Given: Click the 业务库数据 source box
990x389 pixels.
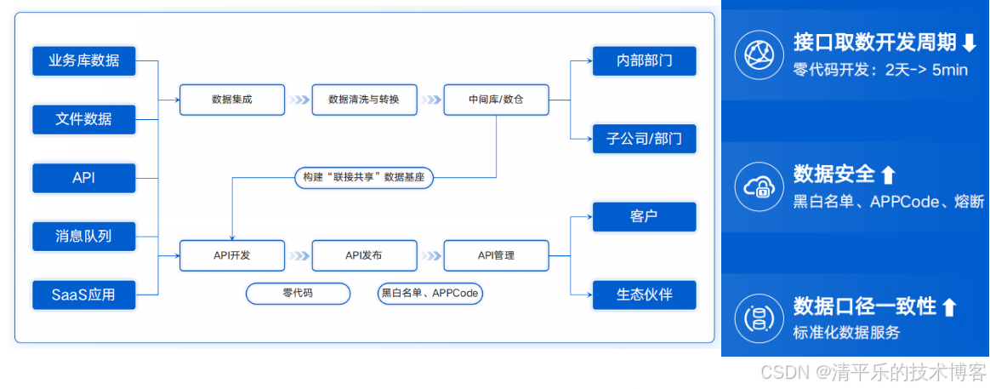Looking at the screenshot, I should tap(83, 60).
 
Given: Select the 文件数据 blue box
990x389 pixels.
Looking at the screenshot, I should tap(83, 118).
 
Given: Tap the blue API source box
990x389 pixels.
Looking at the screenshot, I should tap(83, 178).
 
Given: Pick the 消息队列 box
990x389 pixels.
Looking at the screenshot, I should tap(83, 236).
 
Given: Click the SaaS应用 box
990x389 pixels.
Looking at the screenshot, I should tap(83, 295).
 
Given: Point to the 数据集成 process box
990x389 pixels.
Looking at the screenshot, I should tap(231, 100).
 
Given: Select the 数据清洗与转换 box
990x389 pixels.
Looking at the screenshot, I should tap(364, 100).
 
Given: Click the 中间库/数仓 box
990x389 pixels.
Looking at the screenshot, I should tap(496, 100).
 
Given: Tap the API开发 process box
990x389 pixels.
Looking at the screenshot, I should tap(231, 255).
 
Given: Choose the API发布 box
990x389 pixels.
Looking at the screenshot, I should tap(364, 255).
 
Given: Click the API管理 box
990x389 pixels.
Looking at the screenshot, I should tap(496, 255).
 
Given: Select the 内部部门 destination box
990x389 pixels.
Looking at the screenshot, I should tap(644, 61).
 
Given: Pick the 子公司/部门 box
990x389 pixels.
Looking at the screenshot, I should tap(644, 138).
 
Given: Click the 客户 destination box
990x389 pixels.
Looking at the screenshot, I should tap(644, 216).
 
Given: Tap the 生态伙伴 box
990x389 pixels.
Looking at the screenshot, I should tap(644, 294).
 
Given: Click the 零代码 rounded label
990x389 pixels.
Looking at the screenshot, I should tap(298, 294).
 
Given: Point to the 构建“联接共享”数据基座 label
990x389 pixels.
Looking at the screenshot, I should tap(364, 177).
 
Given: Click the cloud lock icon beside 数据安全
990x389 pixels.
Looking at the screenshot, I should tap(757, 186).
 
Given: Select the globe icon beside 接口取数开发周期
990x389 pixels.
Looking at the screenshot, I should tap(757, 54).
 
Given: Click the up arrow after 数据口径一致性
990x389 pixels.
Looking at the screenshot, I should tap(950, 307).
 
